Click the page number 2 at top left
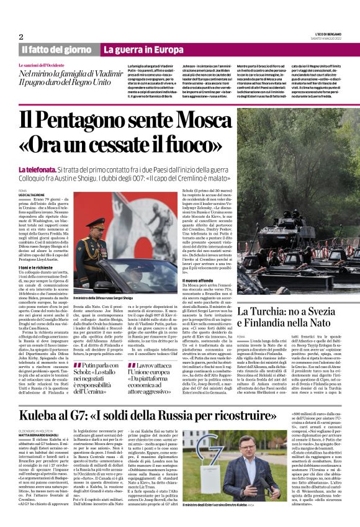(20, 37)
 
